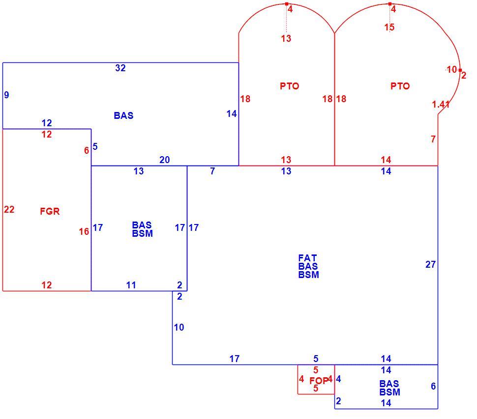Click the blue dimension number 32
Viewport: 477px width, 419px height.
[x=120, y=68]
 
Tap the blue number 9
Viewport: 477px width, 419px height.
[x=6, y=95]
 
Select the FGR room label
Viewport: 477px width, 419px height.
[x=50, y=211]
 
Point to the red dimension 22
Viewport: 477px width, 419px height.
[x=9, y=209]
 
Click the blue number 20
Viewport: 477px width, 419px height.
[x=165, y=160]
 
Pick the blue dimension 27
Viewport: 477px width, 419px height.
[x=430, y=264]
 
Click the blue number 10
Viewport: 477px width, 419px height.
[x=179, y=327]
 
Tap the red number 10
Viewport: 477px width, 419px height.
[x=452, y=70]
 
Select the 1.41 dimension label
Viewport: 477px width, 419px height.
[x=441, y=105]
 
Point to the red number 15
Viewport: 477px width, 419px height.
[x=389, y=28]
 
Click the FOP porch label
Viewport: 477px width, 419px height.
[x=319, y=380]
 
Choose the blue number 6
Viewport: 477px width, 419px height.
[x=433, y=386]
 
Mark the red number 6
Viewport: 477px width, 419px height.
[x=87, y=150]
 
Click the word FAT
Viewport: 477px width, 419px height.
[x=307, y=258]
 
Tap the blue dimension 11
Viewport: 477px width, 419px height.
[x=131, y=285]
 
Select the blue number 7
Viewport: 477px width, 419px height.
[x=212, y=171]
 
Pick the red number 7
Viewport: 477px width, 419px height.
[x=433, y=139]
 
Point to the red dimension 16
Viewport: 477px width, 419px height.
[x=84, y=231]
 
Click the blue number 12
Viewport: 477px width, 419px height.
[x=47, y=123]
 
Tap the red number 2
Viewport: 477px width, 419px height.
[x=464, y=75]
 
